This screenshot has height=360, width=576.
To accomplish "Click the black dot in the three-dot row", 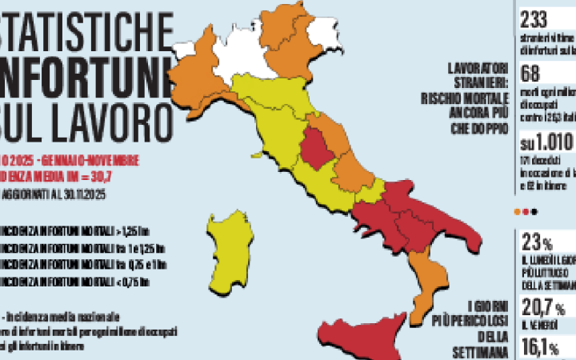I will pos(534,212).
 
